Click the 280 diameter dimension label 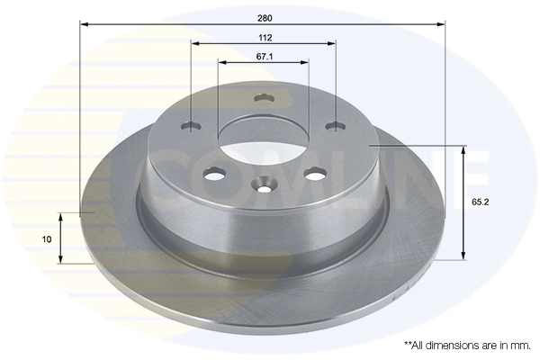click(264, 18)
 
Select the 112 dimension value click(264, 38)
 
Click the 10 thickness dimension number click(48, 239)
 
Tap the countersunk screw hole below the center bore click(264, 187)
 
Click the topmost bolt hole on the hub click(264, 98)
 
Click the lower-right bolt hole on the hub click(314, 174)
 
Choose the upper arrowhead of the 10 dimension click(60, 216)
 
